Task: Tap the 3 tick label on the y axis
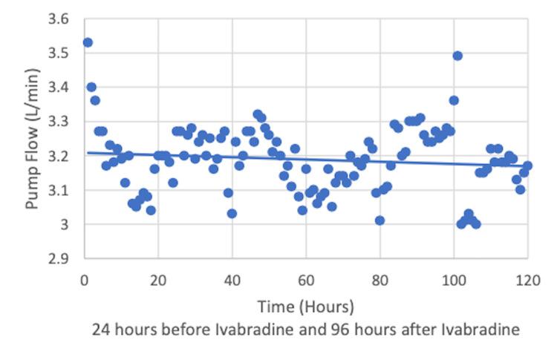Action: point(65,224)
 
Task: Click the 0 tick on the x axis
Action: point(84,280)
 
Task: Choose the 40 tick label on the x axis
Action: point(232,280)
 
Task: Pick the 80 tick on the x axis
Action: point(380,280)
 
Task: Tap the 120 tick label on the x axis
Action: point(527,280)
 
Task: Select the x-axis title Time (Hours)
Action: point(305,306)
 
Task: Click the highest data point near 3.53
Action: point(88,42)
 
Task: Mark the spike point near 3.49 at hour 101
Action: point(457,56)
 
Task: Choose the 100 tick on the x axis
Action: point(453,280)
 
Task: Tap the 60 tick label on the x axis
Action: point(305,280)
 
